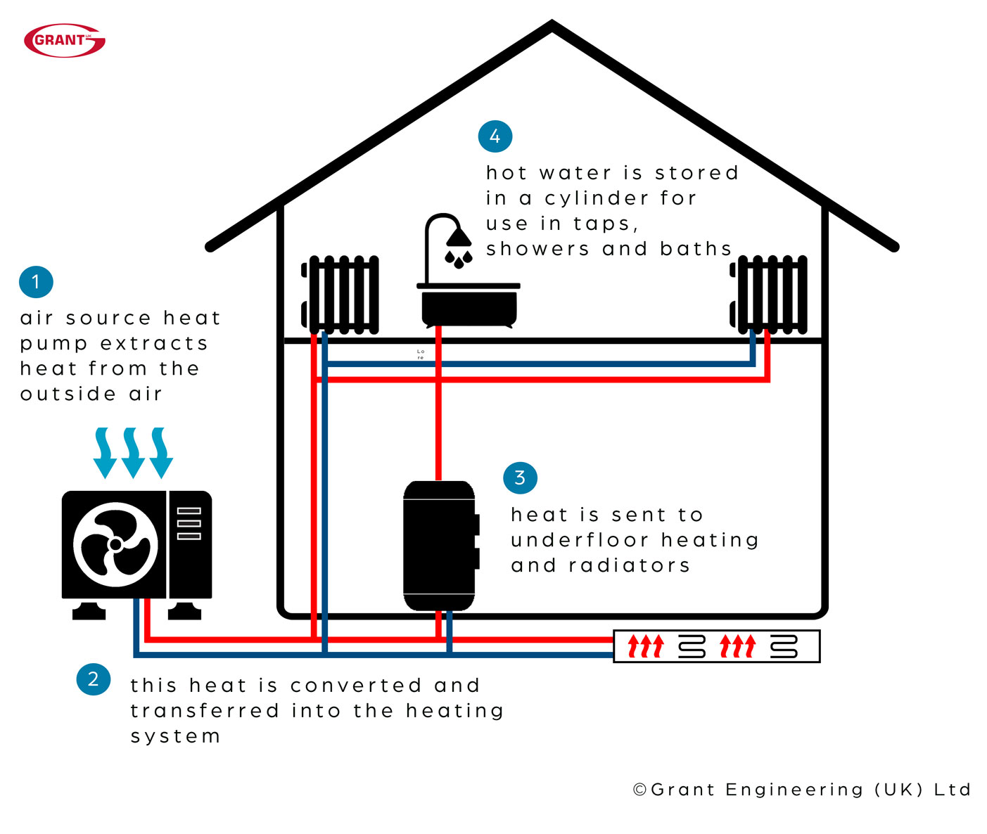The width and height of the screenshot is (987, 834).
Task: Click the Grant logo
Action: (x=64, y=40)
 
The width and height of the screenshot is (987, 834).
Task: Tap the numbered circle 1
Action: (x=36, y=282)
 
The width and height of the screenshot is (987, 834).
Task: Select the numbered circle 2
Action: (x=93, y=679)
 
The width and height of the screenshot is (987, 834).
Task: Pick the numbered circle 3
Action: (x=520, y=478)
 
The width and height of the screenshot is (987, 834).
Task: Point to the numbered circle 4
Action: (x=495, y=136)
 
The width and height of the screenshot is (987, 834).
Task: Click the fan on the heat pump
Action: (x=115, y=544)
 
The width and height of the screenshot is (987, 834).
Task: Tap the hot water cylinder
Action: (x=440, y=546)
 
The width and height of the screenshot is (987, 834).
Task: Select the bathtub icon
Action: (x=469, y=306)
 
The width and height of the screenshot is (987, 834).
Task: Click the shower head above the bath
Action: (x=459, y=238)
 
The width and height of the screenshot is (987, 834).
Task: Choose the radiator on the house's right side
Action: (x=770, y=295)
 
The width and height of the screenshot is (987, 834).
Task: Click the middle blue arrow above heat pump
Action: (x=133, y=453)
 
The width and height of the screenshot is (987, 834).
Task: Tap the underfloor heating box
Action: (x=716, y=646)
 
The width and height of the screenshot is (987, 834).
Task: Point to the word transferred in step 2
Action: (x=204, y=711)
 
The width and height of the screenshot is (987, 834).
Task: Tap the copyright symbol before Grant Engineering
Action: (x=639, y=790)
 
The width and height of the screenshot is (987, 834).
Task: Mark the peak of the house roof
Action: (x=552, y=25)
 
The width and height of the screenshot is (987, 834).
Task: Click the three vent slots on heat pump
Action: (x=189, y=524)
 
